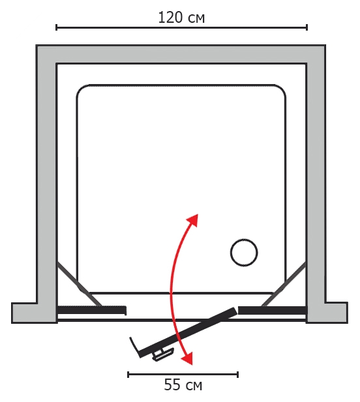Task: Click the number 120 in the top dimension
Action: click(171, 18)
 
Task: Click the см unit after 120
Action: click(196, 19)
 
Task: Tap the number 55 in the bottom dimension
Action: click(172, 385)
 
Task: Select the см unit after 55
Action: click(194, 386)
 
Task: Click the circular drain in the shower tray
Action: click(244, 253)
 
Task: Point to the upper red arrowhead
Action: click(193, 220)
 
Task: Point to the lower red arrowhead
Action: click(187, 358)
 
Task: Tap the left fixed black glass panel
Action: click(91, 310)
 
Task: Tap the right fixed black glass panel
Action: click(272, 310)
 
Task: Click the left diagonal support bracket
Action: click(79, 284)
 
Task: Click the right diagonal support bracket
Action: click(284, 284)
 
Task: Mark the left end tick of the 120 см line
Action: click(57, 27)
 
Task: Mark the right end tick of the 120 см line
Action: click(307, 27)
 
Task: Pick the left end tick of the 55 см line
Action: click(128, 375)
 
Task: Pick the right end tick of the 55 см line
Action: click(238, 375)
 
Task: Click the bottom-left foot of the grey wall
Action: click(34, 313)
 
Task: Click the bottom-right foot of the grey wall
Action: click(327, 313)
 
